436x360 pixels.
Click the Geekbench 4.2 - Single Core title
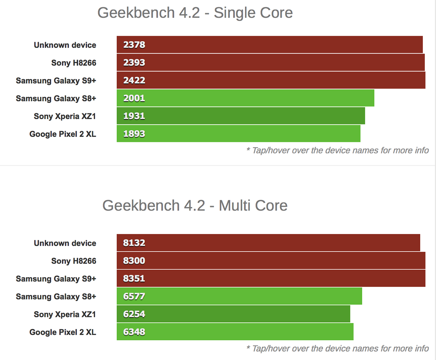pos(195,13)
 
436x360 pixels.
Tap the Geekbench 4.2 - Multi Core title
pos(195,206)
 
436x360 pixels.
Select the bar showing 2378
pos(270,45)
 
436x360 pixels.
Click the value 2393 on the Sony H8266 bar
pos(134,62)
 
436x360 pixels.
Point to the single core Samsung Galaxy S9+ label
pos(56,80)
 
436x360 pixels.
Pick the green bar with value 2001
pos(245,98)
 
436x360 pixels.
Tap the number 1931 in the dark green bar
pos(134,116)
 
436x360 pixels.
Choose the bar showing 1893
pos(238,134)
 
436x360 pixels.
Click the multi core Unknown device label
pos(65,243)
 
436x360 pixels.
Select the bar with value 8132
pos(268,243)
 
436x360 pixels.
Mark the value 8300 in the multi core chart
pos(134,261)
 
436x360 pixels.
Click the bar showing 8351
pos(271,279)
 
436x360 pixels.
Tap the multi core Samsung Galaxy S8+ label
pos(56,296)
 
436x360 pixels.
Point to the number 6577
pos(134,296)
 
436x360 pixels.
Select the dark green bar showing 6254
pos(233,314)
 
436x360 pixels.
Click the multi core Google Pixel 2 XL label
pos(63,332)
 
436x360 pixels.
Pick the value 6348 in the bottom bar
pos(134,332)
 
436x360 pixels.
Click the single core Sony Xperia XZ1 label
pos(65,116)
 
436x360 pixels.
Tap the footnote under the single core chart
pos(337,150)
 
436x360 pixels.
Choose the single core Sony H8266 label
pos(74,62)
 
